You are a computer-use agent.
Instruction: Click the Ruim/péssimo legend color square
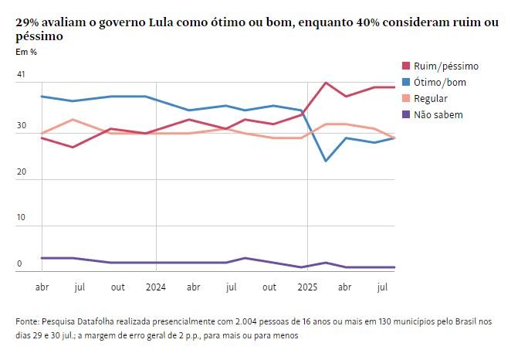407,66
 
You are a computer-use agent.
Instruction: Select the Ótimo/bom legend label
440,82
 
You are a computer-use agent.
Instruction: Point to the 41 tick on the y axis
21,75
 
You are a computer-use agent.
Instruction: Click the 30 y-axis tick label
21,125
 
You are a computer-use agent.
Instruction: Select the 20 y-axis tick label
21,172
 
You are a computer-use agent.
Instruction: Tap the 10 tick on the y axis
21,218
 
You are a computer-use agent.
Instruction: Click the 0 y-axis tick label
19,264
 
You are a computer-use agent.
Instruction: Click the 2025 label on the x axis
306,287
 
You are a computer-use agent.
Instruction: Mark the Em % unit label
26,52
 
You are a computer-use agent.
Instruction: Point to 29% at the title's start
28,23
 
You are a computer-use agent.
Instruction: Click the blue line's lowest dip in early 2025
326,161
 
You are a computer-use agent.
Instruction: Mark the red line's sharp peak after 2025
326,82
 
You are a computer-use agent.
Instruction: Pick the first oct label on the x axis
118,287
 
